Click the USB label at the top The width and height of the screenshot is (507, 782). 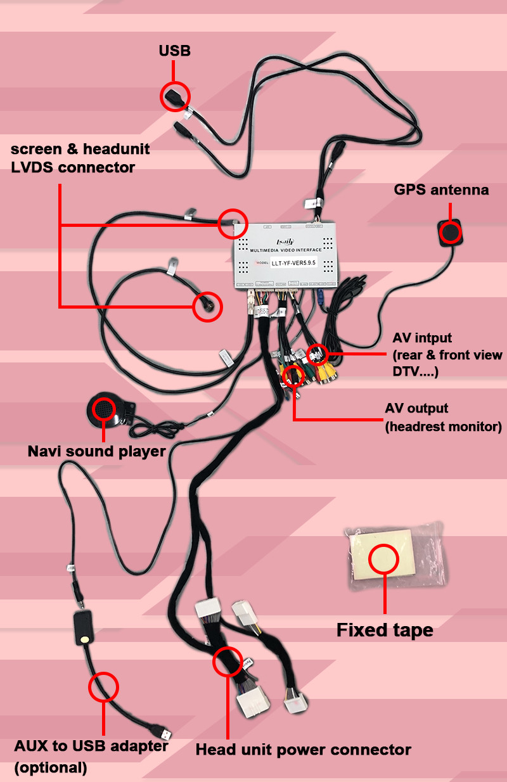point(174,51)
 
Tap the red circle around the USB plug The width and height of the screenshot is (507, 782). point(175,96)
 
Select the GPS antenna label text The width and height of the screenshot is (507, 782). point(441,189)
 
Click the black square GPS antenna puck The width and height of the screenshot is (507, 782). point(451,233)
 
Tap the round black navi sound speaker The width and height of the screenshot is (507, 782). point(105,409)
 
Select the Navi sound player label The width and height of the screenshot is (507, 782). point(96,452)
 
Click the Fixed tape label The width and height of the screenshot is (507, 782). point(385,630)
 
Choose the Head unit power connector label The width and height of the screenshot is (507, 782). point(303,750)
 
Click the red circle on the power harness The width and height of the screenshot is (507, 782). point(228,662)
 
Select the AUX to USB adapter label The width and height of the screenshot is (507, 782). point(91,745)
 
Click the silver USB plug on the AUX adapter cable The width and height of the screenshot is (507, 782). point(165,733)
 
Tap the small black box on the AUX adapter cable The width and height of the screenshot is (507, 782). point(83,627)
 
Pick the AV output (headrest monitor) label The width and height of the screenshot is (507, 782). point(443,418)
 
